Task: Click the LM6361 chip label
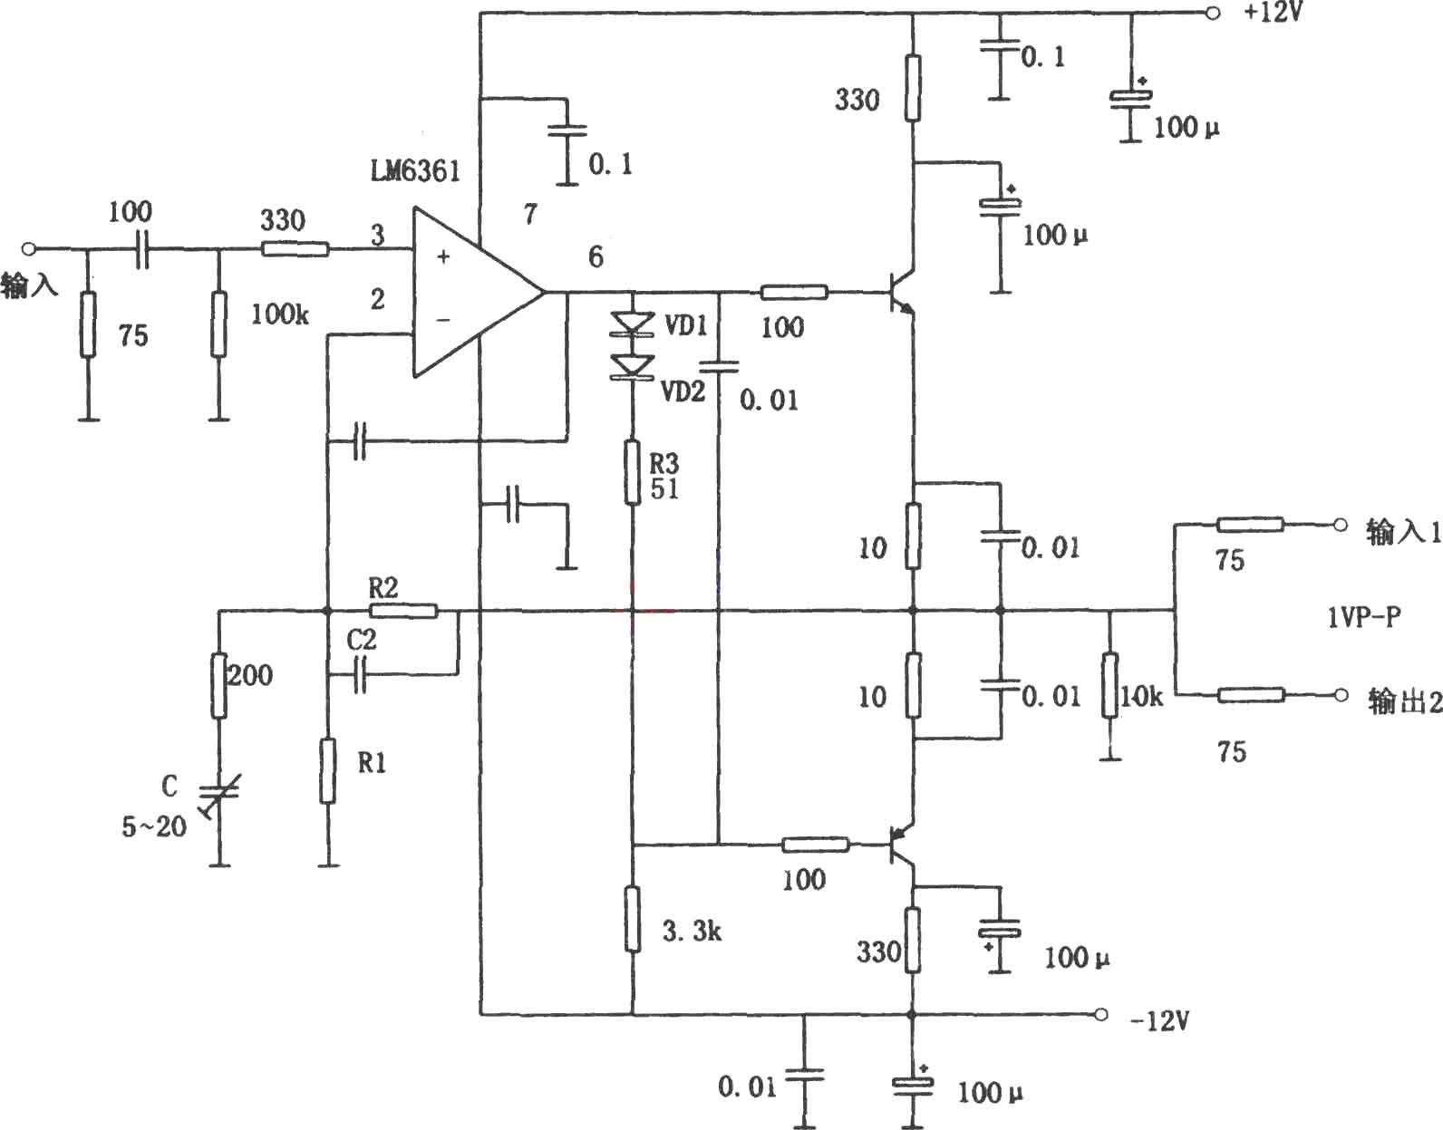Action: [415, 171]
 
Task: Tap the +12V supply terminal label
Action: [1273, 12]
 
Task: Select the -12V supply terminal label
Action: [1159, 1021]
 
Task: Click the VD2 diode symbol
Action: [632, 367]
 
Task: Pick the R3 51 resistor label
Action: [664, 476]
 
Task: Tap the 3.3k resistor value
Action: [692, 932]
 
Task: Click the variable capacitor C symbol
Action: [219, 795]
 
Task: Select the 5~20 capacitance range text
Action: [154, 827]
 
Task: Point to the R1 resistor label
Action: [372, 763]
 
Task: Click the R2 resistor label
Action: [383, 587]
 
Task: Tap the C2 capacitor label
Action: [362, 640]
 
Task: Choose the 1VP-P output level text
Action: [1364, 618]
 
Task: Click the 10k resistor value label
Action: [1142, 696]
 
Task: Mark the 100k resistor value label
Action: [280, 314]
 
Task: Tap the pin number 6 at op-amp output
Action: [596, 257]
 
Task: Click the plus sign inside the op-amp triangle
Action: [443, 257]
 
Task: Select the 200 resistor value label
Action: [250, 675]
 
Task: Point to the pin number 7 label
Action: [530, 214]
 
